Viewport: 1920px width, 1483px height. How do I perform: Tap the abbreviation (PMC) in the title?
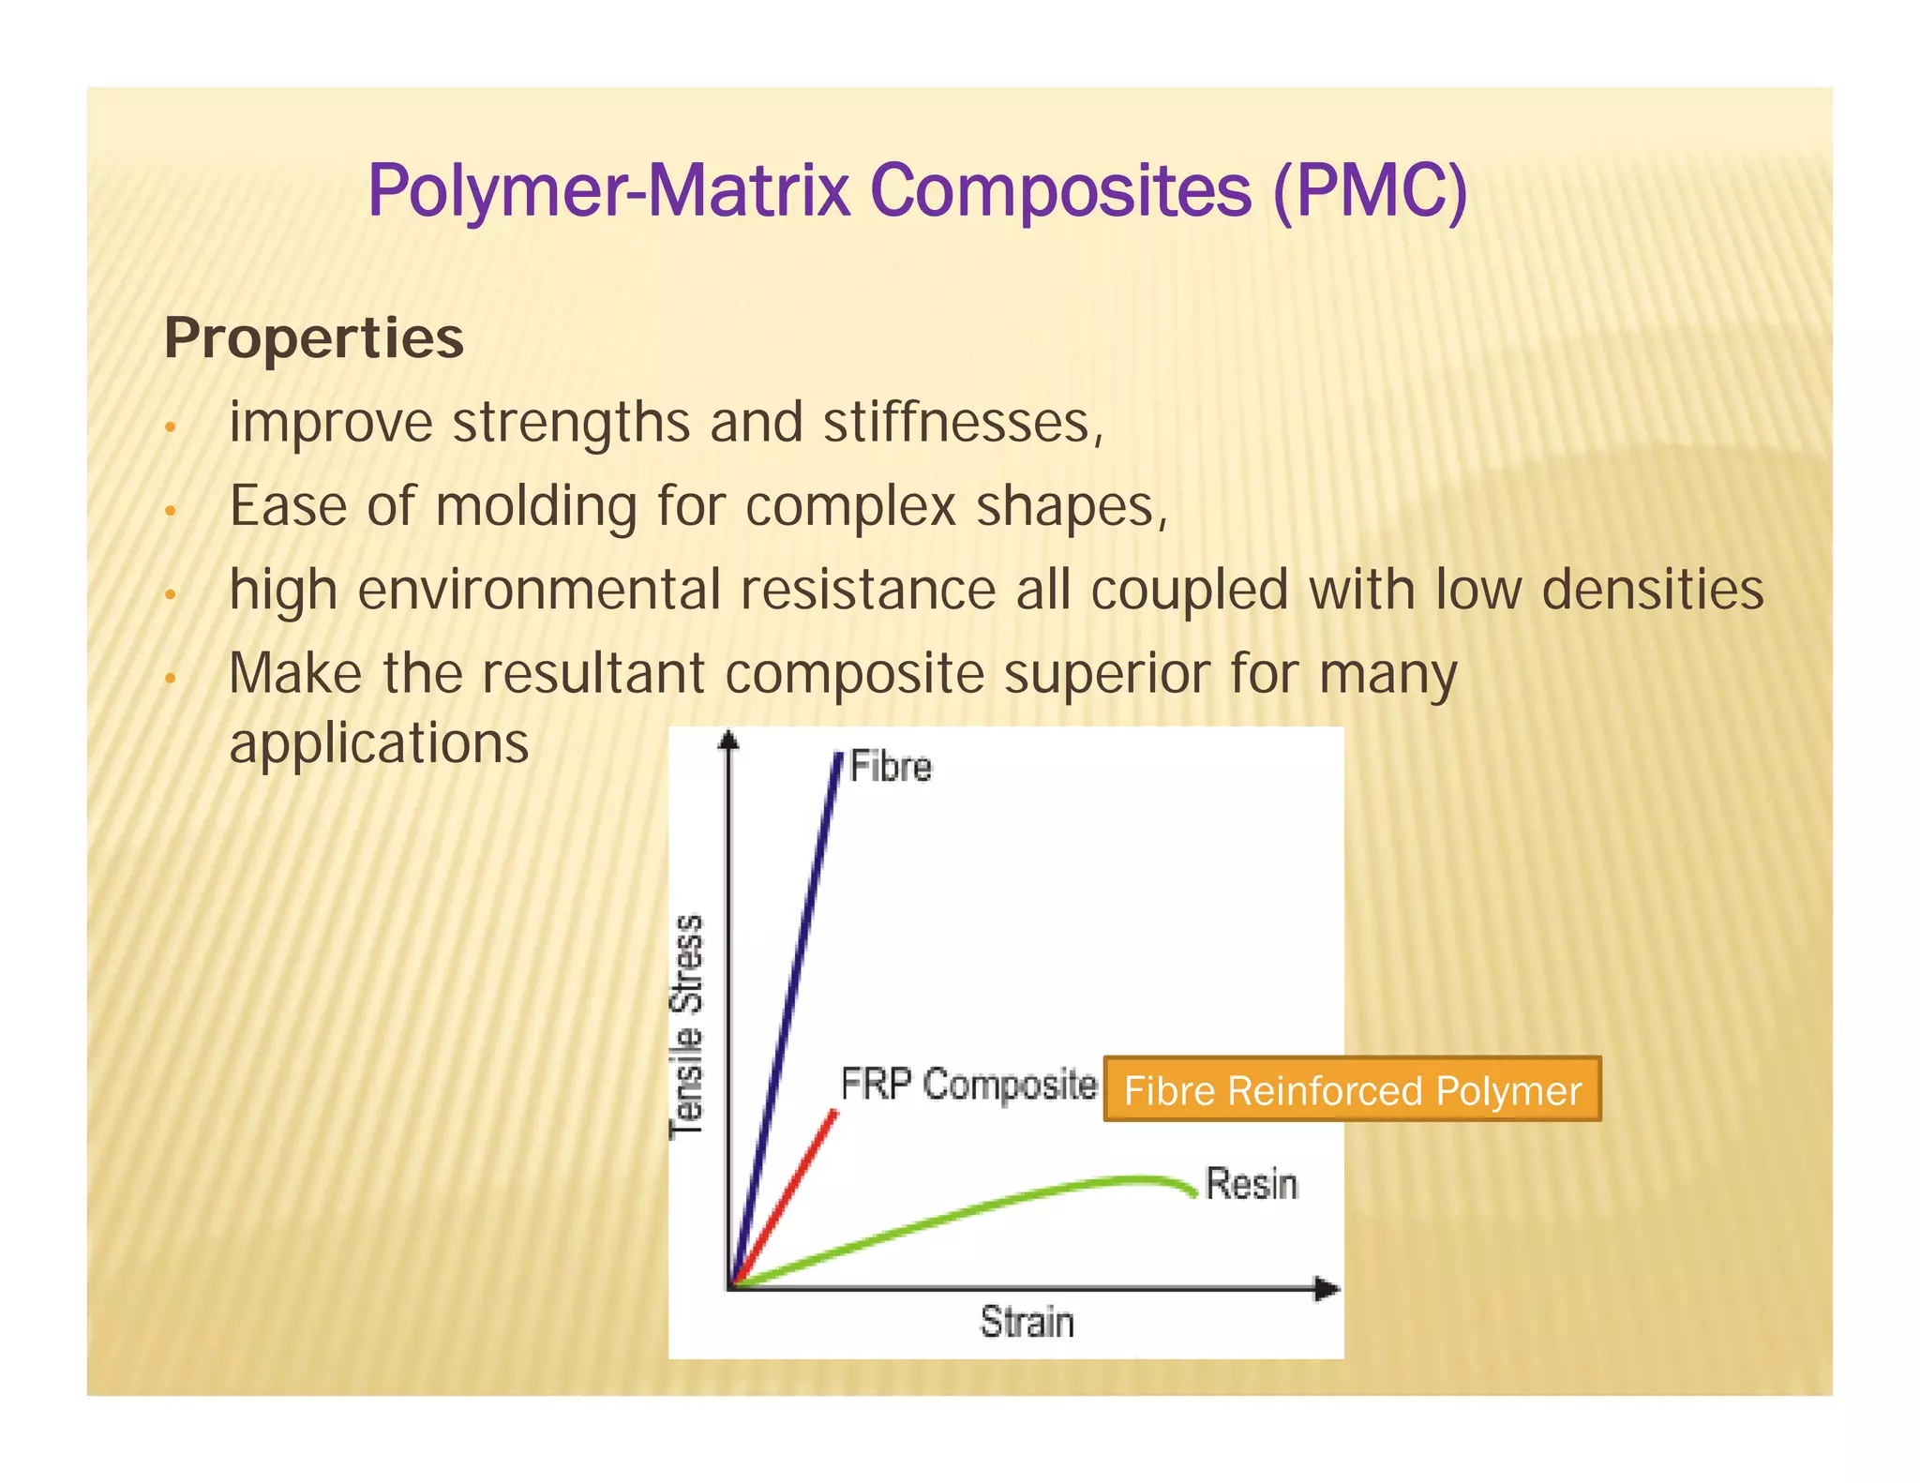coord(1370,191)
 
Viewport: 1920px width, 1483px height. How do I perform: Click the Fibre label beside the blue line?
coord(891,768)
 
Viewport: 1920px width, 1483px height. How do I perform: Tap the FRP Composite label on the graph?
coord(968,1085)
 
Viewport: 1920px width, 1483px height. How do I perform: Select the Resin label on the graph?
coord(1251,1185)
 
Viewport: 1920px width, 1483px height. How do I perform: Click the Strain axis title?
coord(1027,1322)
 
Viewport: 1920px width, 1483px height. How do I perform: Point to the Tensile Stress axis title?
coord(687,1026)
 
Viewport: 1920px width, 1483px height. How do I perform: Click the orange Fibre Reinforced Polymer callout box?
coord(1352,1090)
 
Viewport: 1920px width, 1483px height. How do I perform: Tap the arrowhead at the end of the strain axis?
coord(1327,1289)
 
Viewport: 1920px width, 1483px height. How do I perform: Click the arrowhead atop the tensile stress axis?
coord(728,741)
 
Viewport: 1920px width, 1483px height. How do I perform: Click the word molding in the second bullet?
coord(536,507)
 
